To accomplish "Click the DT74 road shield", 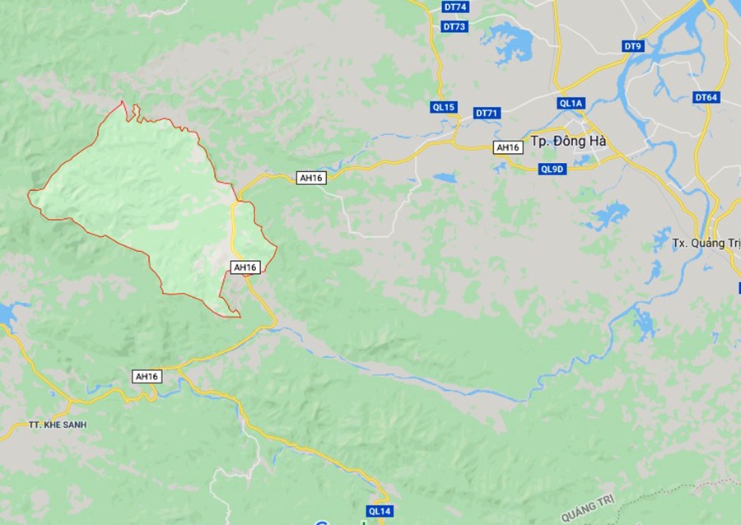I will (x=454, y=7).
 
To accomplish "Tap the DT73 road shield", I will (x=454, y=26).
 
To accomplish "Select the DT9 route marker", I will (x=632, y=46).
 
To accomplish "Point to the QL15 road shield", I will (x=443, y=107).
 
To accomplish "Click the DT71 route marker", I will (x=487, y=113).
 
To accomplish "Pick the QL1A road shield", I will (x=571, y=103).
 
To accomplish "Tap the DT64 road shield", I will (x=706, y=97).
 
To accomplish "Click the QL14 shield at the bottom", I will (x=379, y=511).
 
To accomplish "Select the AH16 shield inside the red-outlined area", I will (x=245, y=267).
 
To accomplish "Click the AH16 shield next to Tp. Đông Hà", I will (x=508, y=147).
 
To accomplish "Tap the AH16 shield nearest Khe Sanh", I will (x=147, y=376).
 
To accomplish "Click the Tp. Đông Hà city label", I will (x=569, y=141).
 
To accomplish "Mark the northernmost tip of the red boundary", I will (x=123, y=102).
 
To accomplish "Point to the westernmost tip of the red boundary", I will (x=29, y=193).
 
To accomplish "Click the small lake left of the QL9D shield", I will (x=445, y=177).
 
